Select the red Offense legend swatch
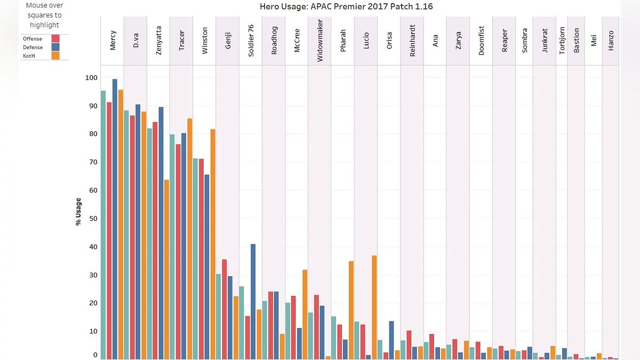point(55,38)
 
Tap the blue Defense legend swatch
point(55,47)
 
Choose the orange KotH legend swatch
point(55,55)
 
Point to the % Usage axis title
point(79,212)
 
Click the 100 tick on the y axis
point(92,78)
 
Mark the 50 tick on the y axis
point(93,219)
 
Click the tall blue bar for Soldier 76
point(253,301)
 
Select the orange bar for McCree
point(305,314)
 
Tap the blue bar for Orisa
point(391,340)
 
